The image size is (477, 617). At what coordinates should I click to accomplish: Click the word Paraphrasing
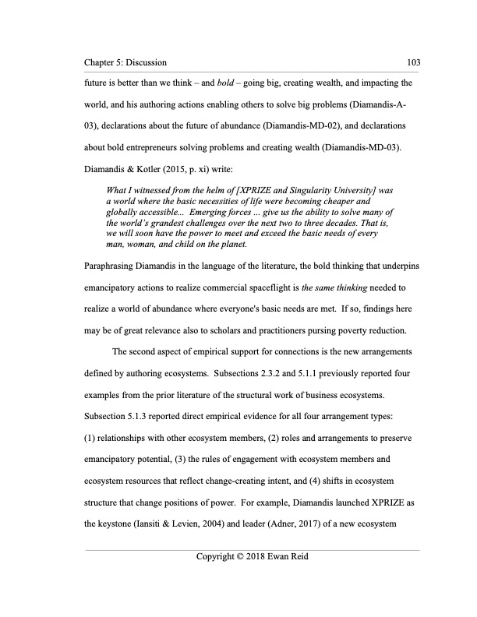click(111, 266)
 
